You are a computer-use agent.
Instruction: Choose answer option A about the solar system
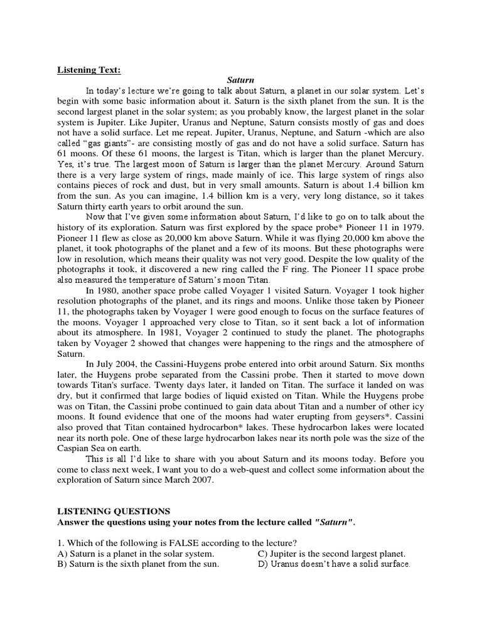click(136, 554)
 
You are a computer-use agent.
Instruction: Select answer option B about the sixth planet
click(137, 564)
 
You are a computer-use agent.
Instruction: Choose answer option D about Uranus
click(335, 564)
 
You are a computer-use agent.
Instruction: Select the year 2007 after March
click(201, 480)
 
